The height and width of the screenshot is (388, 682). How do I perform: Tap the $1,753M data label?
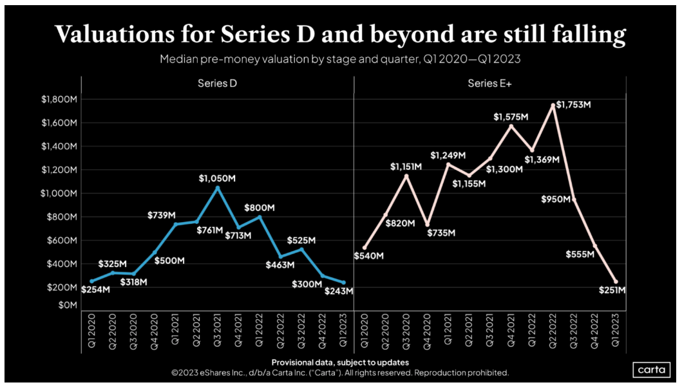[x=573, y=104]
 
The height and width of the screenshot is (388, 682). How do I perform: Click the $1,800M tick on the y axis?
[x=59, y=99]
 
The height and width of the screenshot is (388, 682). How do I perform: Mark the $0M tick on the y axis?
[x=66, y=305]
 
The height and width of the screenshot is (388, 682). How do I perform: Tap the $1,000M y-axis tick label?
[x=59, y=193]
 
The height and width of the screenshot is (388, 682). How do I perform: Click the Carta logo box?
[x=652, y=369]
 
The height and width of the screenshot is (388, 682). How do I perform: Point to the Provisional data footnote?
[x=340, y=362]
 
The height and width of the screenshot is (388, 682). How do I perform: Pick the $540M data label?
[x=369, y=256]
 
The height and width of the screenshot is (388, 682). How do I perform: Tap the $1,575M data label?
[x=511, y=116]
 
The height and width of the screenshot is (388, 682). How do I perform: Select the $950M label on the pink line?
[x=556, y=199]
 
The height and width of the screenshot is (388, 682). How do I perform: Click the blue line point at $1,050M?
[x=217, y=188]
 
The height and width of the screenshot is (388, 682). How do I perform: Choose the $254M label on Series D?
[x=96, y=290]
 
